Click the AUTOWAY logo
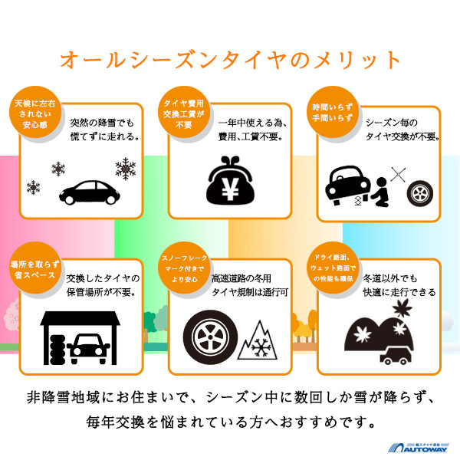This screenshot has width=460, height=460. coord(419,447)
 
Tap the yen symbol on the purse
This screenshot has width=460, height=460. coord(230,189)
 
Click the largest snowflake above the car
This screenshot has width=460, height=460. coord(126,169)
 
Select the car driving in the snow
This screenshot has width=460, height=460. coord(90,192)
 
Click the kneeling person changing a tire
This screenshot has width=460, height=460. coord(380,192)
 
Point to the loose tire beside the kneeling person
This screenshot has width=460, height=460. coord(420,193)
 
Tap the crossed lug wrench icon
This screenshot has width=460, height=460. coord(398,174)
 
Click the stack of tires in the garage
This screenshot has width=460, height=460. coord(58,350)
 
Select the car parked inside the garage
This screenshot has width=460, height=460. coord(88,349)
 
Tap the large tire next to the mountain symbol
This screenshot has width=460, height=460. coord(210,337)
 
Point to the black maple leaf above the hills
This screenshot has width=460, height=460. coord(402,308)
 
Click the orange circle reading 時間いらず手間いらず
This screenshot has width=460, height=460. coord(333,113)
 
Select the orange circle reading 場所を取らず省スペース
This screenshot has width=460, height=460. coord(35,268)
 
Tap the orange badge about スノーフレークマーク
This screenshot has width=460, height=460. coord(184,268)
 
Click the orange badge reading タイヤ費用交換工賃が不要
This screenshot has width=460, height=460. coord(184,113)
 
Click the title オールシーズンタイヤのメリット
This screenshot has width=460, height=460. coord(230,60)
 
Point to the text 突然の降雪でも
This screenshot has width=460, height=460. coord(102,123)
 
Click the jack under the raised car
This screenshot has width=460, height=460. coord(357,201)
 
